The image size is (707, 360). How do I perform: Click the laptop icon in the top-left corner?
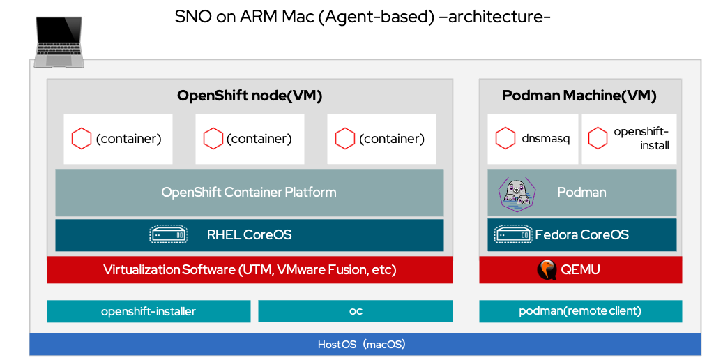tap(59, 42)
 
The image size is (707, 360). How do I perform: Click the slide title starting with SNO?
tap(363, 17)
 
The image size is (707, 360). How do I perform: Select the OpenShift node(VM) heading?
tap(250, 96)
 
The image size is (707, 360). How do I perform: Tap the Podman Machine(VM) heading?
tap(579, 96)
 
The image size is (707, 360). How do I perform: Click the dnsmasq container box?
tap(533, 139)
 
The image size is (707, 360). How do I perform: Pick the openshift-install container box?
tap(629, 139)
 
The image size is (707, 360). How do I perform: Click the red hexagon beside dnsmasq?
tap(505, 139)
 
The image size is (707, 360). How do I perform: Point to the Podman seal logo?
tap(517, 193)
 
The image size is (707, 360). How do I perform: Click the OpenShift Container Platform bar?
tap(249, 192)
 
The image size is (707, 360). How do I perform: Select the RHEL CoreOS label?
tap(249, 235)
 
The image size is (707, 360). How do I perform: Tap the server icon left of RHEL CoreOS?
tap(169, 235)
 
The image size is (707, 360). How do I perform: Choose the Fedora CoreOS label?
tap(581, 235)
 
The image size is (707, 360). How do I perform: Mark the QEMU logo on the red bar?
tap(547, 269)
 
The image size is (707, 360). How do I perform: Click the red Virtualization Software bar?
tap(249, 269)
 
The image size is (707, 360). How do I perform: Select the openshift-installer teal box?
tap(149, 311)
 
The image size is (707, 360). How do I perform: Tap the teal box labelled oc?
tap(355, 311)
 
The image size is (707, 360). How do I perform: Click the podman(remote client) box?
tap(580, 311)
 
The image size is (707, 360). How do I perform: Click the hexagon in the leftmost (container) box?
tap(82, 139)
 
